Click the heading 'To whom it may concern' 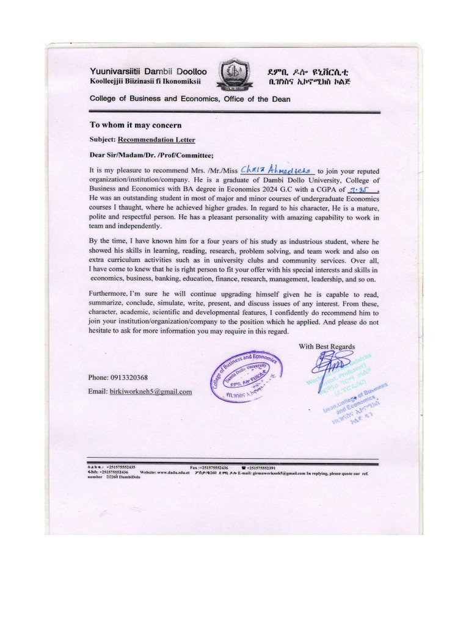pyautogui.click(x=136, y=125)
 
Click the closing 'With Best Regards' pyautogui.click(x=327, y=346)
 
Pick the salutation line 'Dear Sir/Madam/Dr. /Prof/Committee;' pyautogui.click(x=152, y=154)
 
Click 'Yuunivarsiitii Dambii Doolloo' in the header pyautogui.click(x=148, y=71)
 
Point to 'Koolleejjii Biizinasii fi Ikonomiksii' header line pyautogui.click(x=149, y=81)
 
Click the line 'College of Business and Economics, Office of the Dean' pyautogui.click(x=190, y=98)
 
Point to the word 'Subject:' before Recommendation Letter pyautogui.click(x=103, y=139)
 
